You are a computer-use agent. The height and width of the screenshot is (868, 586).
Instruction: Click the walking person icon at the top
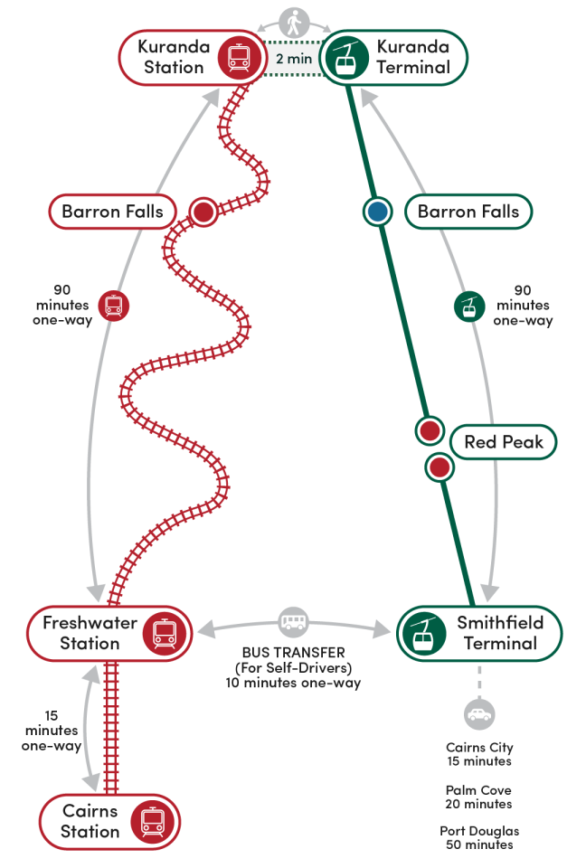[293, 23]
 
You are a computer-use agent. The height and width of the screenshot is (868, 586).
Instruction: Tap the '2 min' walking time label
[293, 59]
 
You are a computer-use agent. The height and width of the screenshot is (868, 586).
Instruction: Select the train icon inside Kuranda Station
[239, 58]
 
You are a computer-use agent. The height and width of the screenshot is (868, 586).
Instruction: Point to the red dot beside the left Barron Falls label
[203, 212]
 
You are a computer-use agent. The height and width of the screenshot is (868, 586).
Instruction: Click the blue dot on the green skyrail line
[377, 212]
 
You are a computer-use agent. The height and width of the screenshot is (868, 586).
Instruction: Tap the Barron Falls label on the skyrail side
[468, 212]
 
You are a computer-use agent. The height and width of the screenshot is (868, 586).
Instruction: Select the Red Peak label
[504, 442]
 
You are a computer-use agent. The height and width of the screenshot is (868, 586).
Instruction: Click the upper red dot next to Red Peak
[430, 430]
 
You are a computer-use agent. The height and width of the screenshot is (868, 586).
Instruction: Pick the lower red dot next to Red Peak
[439, 467]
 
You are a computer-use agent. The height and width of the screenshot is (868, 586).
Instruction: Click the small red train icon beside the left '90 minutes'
[113, 306]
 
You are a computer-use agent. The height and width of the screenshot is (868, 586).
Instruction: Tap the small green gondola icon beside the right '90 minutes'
[468, 307]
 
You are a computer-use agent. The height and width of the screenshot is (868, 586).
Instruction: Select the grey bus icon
[293, 622]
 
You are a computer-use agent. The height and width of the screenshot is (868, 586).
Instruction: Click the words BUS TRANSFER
[293, 652]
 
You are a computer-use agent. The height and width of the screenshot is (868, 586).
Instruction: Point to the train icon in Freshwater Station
[165, 633]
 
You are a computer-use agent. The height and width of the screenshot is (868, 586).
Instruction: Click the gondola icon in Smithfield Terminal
[422, 633]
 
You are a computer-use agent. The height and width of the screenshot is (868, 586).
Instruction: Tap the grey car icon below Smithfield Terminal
[479, 715]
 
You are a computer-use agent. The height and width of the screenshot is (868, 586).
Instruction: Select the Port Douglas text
[479, 831]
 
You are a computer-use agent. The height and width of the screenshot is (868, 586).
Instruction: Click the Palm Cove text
[478, 789]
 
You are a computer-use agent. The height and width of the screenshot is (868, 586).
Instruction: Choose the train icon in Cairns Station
[150, 821]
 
